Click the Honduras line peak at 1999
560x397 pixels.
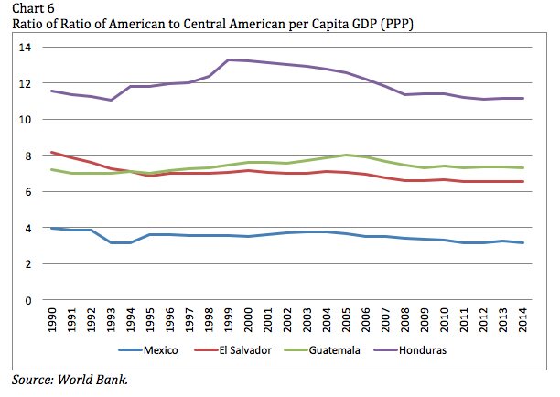228,60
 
